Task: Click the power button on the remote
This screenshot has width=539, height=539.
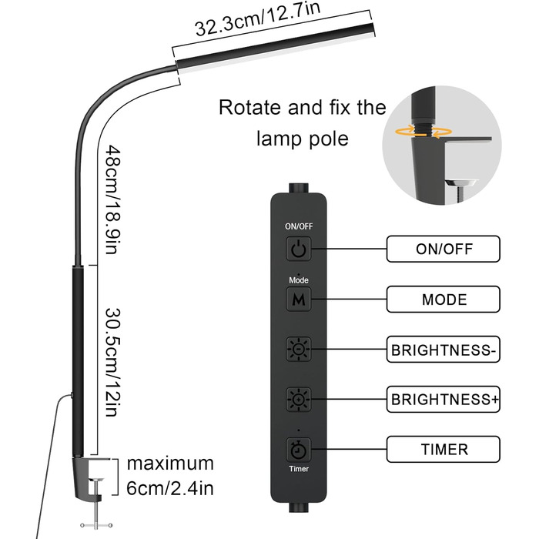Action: click(x=298, y=248)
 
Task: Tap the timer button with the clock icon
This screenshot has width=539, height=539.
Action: click(x=298, y=448)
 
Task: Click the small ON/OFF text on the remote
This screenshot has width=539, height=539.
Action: click(x=298, y=226)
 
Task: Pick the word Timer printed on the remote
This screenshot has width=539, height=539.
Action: click(x=298, y=467)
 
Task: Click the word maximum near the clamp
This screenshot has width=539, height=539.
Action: click(x=170, y=464)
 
